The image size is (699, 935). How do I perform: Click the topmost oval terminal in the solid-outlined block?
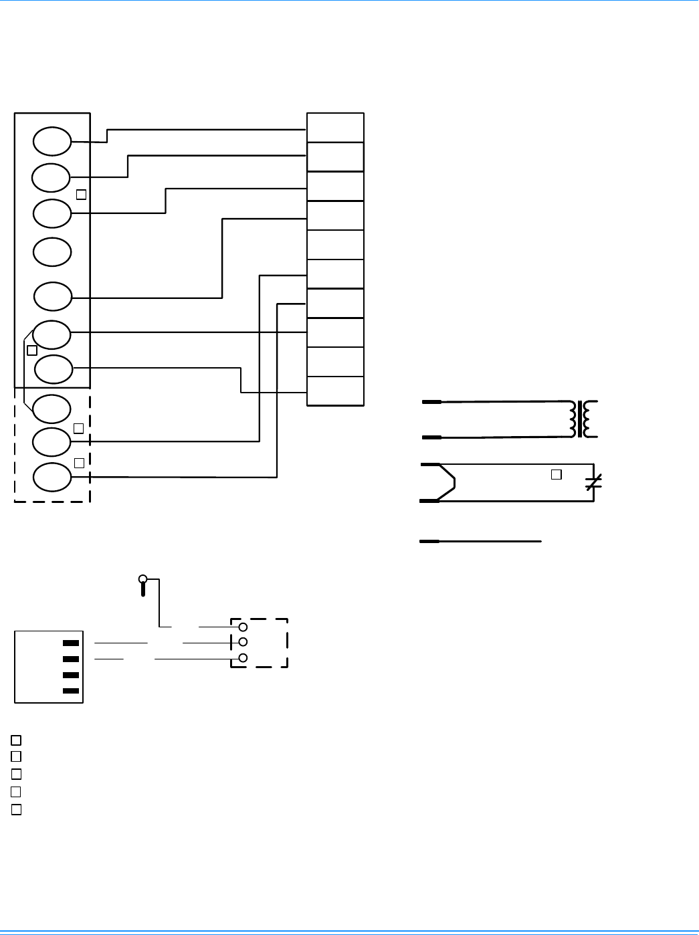pyautogui.click(x=52, y=141)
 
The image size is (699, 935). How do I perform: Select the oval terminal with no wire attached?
pyautogui.click(x=52, y=251)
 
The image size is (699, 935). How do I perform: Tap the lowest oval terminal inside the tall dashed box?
pyautogui.click(x=52, y=477)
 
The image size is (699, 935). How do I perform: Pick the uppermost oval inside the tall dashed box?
pyautogui.click(x=52, y=409)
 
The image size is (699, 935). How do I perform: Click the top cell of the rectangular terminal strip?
pyautogui.click(x=335, y=128)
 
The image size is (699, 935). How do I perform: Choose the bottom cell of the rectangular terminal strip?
pyautogui.click(x=335, y=391)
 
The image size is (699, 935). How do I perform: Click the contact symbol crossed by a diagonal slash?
pyautogui.click(x=593, y=482)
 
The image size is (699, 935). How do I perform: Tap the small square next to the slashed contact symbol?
pyautogui.click(x=556, y=474)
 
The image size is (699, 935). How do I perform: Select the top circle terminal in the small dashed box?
pyautogui.click(x=243, y=627)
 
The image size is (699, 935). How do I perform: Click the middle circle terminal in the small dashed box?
pyautogui.click(x=243, y=643)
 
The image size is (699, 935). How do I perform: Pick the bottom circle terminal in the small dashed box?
pyautogui.click(x=243, y=658)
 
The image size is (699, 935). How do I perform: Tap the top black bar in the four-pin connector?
pyautogui.click(x=71, y=643)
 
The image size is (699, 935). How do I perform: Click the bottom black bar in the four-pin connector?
pyautogui.click(x=71, y=691)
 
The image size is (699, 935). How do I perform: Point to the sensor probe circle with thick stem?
pyautogui.click(x=142, y=579)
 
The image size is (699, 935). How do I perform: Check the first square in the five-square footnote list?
pyautogui.click(x=17, y=740)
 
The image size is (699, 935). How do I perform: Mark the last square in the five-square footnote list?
pyautogui.click(x=17, y=810)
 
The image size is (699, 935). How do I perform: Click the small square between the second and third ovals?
pyautogui.click(x=81, y=195)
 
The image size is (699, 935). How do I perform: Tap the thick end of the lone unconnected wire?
pyautogui.click(x=429, y=541)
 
